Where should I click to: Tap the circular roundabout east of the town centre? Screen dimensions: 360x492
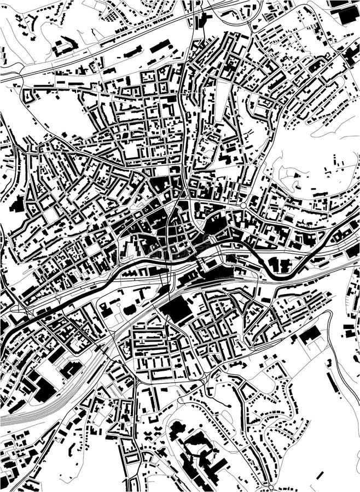[x=243, y=206]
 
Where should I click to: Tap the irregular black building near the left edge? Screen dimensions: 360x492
[x=16, y=205]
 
